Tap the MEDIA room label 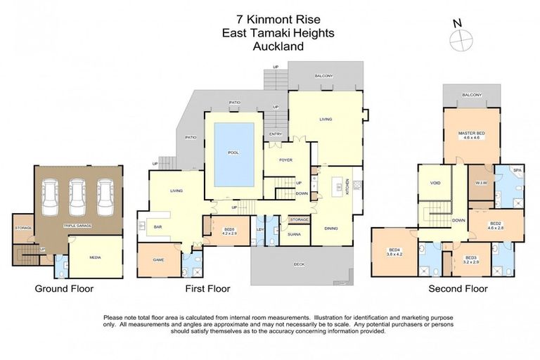pos(95,257)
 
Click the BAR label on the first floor pos(157,227)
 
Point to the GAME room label pos(158,259)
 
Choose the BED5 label pos(229,229)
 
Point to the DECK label pos(300,264)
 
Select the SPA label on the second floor pos(516,170)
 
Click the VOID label pos(435,182)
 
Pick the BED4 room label pos(394,252)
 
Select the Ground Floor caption pos(65,288)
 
